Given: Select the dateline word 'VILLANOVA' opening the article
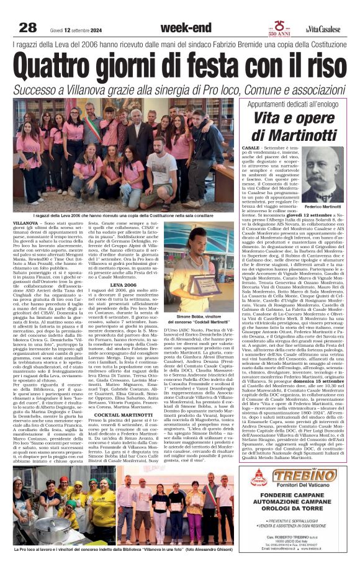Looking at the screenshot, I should click(25, 221).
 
